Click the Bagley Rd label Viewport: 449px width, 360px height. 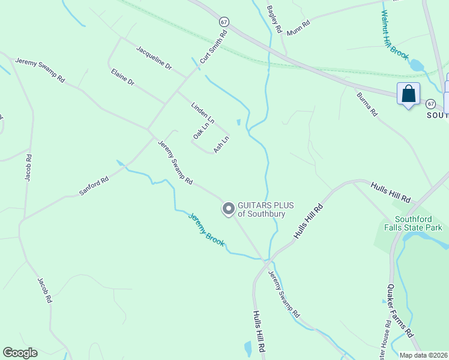[274, 19]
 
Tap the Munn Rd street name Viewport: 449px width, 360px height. [298, 28]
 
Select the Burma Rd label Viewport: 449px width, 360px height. [367, 104]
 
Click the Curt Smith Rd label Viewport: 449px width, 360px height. [214, 47]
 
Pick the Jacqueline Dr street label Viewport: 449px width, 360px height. [154, 58]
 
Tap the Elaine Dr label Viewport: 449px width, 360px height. [122, 77]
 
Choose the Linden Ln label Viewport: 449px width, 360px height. [202, 113]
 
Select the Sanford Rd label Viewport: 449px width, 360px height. [94, 186]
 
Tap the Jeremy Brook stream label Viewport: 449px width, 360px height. [206, 230]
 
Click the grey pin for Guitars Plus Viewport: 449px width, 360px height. [228, 208]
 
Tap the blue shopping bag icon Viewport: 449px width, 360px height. [408, 94]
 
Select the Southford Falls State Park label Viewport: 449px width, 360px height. [418, 223]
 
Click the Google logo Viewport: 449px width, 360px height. [20, 353]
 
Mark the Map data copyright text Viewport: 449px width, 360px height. [424, 355]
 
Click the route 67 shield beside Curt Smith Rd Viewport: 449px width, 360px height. [224, 21]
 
